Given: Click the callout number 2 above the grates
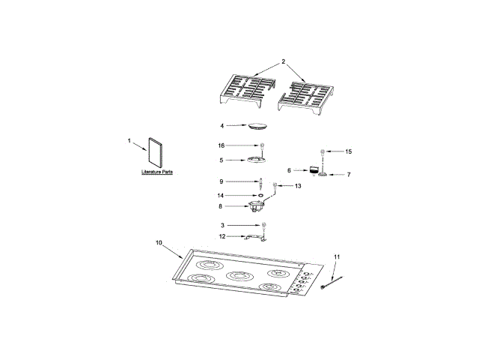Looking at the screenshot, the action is click(x=283, y=61).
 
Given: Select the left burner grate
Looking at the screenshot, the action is click(x=248, y=91).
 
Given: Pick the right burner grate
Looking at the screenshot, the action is click(x=306, y=97).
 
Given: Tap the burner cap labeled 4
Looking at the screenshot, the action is click(x=258, y=126).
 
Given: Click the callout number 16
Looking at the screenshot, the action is click(x=222, y=145).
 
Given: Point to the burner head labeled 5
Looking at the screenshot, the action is click(x=256, y=159).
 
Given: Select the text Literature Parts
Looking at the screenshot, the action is click(x=157, y=172).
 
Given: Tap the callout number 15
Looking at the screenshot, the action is click(x=348, y=151).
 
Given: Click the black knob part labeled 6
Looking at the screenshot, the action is click(x=314, y=170).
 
